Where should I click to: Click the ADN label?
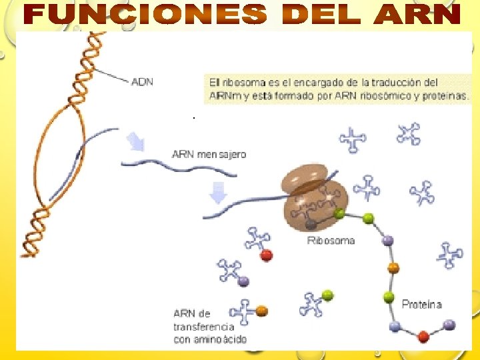142,82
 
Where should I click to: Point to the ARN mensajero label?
209,154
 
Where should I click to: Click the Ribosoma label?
331,240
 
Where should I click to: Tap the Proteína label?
421,304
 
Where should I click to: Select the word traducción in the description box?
409,83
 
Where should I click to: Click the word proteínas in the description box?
449,95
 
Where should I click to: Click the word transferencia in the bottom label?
203,326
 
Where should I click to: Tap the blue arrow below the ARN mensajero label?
218,193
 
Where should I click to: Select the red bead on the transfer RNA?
266,255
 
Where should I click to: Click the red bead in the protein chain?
423,336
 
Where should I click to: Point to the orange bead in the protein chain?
393,268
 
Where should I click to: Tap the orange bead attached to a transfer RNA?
262,310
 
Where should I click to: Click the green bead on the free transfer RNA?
327,295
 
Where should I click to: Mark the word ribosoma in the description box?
244,83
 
